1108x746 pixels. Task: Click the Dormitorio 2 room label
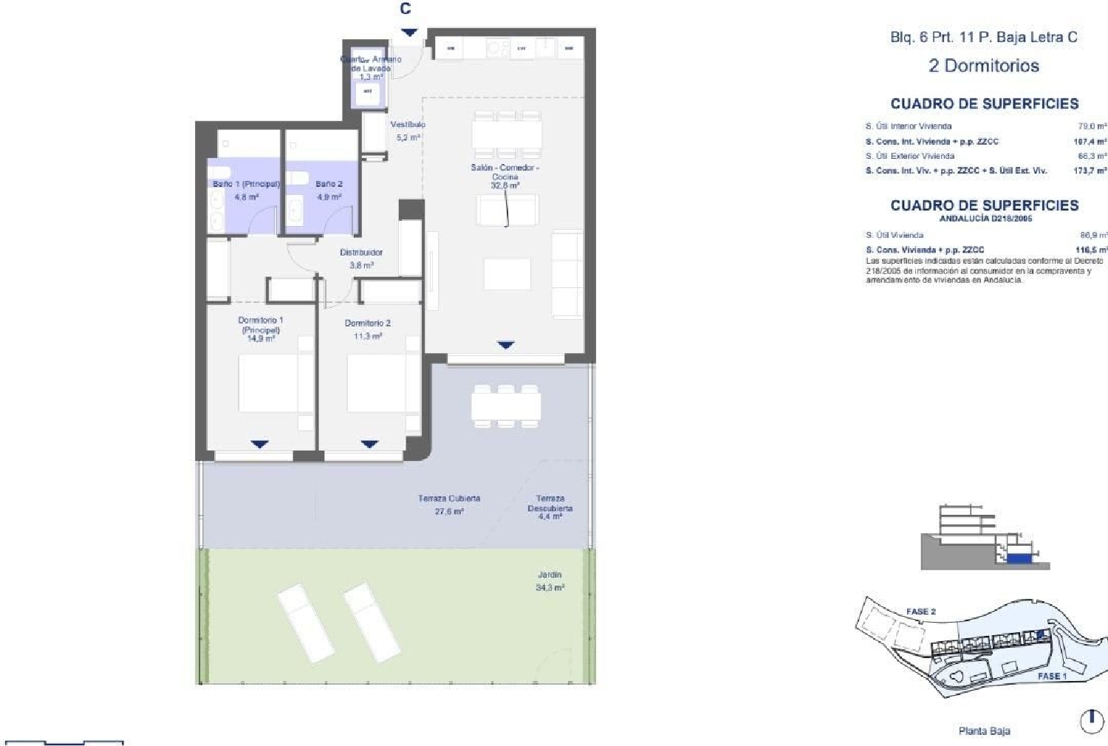pos(367,324)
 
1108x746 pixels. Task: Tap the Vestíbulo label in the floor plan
pos(408,125)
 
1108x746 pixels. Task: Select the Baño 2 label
pos(329,184)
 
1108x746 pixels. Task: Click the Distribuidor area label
pos(361,253)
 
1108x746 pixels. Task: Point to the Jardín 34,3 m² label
pos(550,581)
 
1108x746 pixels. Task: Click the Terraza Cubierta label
pos(449,499)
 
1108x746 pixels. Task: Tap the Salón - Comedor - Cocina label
pos(505,172)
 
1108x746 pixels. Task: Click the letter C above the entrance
pos(406,9)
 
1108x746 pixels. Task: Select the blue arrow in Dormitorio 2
pos(370,444)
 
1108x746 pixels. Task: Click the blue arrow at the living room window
pos(505,345)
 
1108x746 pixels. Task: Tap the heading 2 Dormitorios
pos(983,66)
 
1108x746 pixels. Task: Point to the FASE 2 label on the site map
pos(920,612)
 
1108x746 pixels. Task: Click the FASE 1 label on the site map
pos(1052,676)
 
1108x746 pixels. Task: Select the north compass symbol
pos(1092,721)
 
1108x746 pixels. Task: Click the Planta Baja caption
pos(984,731)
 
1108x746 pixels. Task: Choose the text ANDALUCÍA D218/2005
pos(985,219)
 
